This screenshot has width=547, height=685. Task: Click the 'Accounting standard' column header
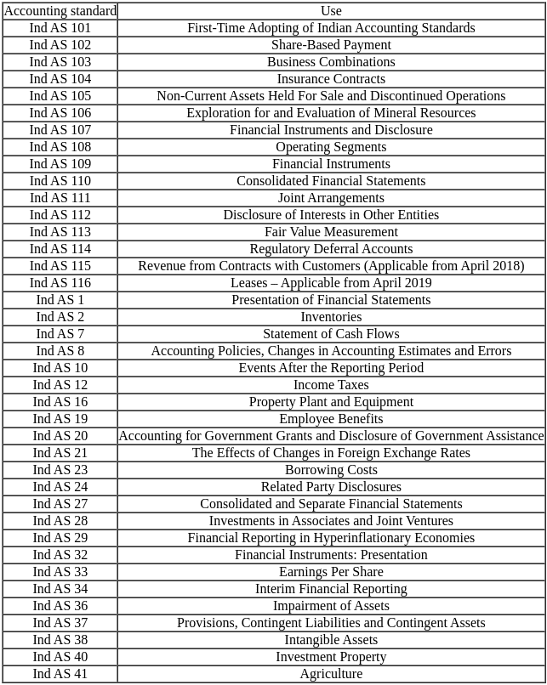pos(60,11)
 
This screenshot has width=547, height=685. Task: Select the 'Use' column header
pos(331,11)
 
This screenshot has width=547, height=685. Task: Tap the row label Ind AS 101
pos(60,28)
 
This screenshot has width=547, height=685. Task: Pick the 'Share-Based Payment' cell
pos(331,45)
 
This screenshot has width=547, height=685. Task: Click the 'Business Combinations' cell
pos(331,62)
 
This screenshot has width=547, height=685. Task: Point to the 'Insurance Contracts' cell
pos(331,79)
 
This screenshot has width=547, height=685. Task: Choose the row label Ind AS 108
pos(60,147)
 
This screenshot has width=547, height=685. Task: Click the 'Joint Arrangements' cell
pos(331,198)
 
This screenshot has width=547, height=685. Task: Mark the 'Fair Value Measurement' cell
pos(331,232)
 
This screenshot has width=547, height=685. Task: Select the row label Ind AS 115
pos(60,266)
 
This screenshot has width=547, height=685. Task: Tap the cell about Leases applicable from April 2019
pos(331,283)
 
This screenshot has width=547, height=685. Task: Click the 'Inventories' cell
pos(331,317)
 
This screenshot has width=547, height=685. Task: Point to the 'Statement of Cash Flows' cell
pos(331,334)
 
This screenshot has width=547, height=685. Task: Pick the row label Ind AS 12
pos(60,385)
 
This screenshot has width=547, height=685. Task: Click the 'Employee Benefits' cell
pos(331,419)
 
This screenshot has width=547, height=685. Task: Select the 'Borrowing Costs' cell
pos(331,470)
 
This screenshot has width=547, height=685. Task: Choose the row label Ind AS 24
pos(60,487)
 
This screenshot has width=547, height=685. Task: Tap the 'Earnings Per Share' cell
pos(331,572)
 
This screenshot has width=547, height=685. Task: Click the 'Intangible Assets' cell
pos(331,640)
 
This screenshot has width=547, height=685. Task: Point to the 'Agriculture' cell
pos(331,674)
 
